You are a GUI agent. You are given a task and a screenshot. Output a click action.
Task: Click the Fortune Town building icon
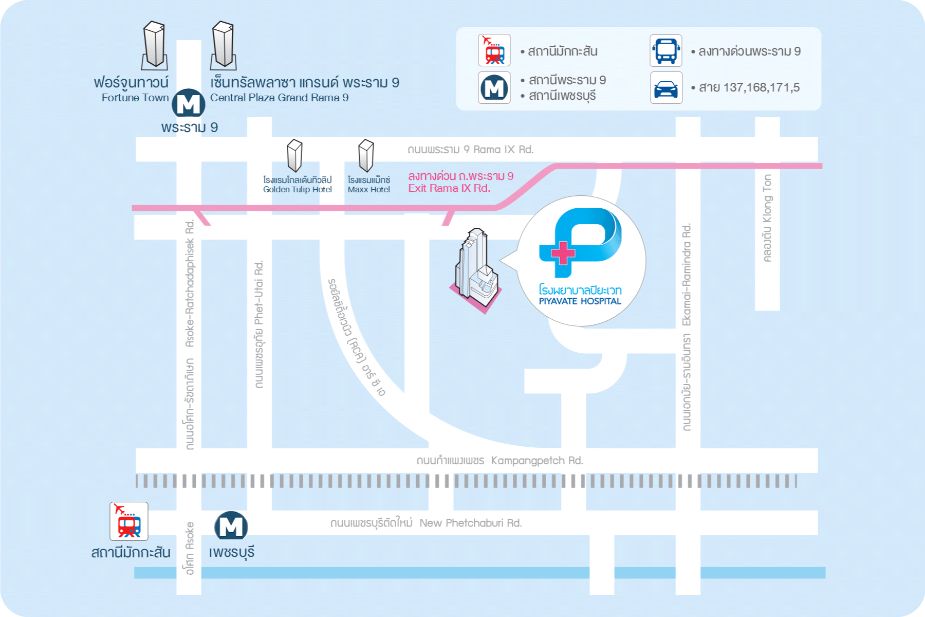coord(154,45)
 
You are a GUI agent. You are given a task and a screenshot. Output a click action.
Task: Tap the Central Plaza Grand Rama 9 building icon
coord(224,45)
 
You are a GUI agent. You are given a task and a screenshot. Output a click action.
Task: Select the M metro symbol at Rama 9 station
coord(188,103)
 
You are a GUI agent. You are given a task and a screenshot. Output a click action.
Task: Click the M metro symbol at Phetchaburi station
coord(231,525)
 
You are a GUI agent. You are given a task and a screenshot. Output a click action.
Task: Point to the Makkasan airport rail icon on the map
coord(129,521)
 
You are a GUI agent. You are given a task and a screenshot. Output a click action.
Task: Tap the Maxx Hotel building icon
coord(366,155)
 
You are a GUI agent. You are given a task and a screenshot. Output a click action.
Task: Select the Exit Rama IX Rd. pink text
coord(449,188)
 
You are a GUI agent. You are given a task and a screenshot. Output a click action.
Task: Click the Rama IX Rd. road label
coord(503,150)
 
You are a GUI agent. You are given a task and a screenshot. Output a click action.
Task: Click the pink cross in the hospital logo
coord(563,253)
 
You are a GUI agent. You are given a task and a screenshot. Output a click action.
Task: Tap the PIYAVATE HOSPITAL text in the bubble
coord(580,301)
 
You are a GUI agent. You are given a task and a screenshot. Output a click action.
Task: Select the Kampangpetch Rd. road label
coord(537,461)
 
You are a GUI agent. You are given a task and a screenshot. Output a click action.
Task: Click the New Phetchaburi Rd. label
coord(471,523)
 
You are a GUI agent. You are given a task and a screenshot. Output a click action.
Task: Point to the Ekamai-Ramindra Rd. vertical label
coord(687,275)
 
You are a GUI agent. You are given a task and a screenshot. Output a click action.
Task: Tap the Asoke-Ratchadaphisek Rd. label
coord(190,283)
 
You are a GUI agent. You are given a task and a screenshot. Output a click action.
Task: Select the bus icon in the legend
coord(666,51)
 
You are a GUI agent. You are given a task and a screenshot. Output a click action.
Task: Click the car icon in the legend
coord(666,88)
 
